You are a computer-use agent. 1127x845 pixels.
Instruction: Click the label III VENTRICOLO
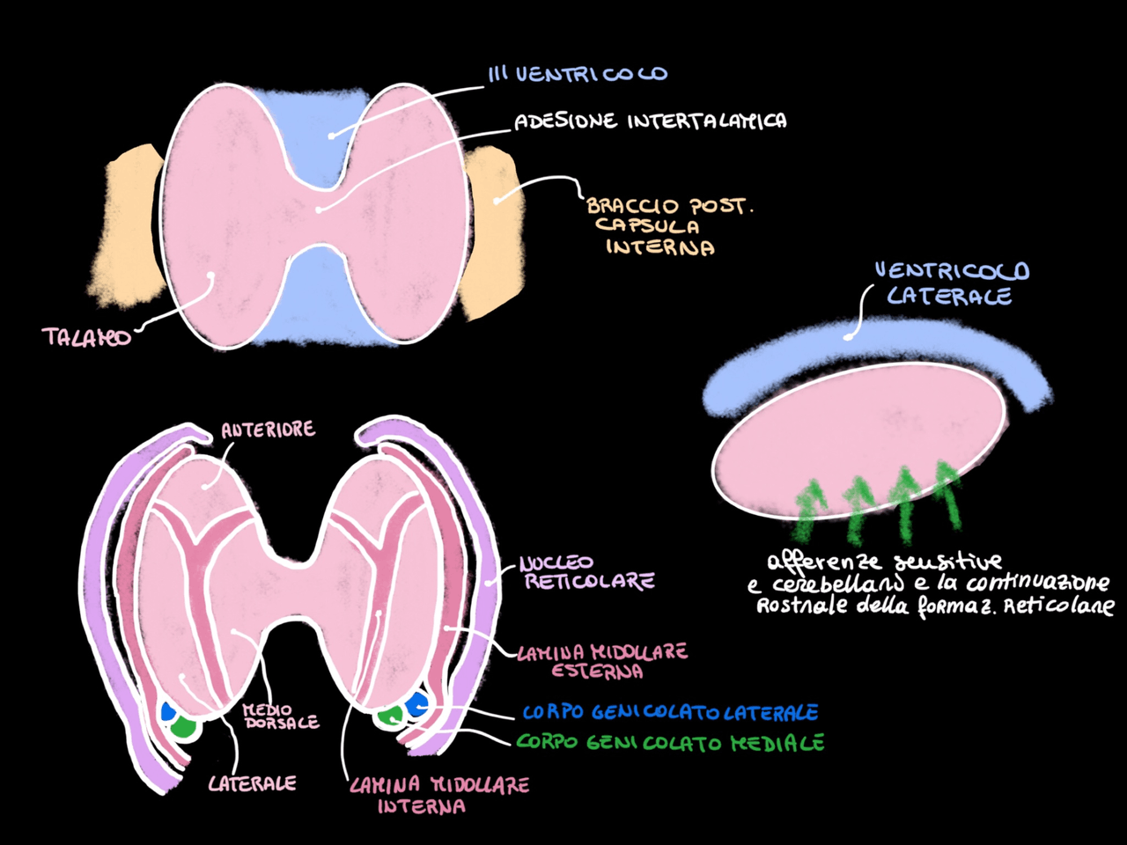[578, 74]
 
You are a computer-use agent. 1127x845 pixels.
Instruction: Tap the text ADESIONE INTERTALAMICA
[650, 121]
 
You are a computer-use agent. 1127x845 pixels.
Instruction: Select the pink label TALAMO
[86, 336]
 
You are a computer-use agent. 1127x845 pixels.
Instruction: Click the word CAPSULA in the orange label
[647, 226]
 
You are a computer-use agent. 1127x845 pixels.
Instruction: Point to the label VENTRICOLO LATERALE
[950, 283]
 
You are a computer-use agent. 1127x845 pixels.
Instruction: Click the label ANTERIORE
[268, 430]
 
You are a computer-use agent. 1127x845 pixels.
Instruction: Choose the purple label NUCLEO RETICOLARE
[586, 572]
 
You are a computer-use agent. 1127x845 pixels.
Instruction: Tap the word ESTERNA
[596, 672]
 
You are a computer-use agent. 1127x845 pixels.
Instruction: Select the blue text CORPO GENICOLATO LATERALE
[670, 712]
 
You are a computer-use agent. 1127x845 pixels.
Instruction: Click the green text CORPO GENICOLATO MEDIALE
[670, 742]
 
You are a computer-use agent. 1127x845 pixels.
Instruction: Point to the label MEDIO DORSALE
[281, 716]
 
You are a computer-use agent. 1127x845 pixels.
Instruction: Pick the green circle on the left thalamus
[183, 727]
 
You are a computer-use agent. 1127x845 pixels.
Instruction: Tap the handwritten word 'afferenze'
[823, 562]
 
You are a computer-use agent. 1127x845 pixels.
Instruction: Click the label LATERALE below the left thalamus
[252, 783]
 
